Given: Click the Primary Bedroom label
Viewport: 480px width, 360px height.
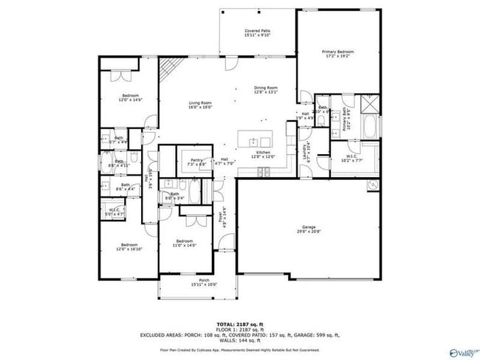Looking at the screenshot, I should pos(337,54).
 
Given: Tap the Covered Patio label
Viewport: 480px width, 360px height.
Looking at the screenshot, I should pos(257,33).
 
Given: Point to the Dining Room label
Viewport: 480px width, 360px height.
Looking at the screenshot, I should pos(264,89).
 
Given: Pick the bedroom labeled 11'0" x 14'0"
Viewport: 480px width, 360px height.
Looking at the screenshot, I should pos(185,243).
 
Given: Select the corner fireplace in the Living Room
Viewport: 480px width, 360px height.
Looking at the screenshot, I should pos(169,69).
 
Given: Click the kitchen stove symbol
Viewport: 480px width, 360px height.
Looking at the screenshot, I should pos(263,172).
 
